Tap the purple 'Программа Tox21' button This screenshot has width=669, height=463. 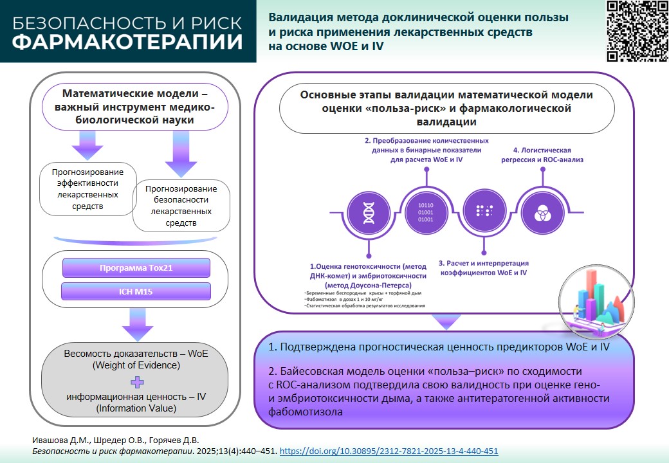[136, 268]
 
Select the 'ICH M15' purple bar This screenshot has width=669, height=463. [136, 291]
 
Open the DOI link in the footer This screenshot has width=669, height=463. [389, 451]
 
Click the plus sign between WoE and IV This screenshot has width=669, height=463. [136, 382]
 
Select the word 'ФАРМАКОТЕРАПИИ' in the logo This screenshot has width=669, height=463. [128, 42]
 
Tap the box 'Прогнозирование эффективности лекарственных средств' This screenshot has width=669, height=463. [90, 189]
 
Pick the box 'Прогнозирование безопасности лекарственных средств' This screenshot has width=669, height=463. [181, 206]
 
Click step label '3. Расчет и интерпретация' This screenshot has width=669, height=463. [484, 268]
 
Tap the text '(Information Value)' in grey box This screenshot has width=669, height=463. [136, 408]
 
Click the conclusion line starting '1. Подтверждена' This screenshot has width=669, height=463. [439, 347]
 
